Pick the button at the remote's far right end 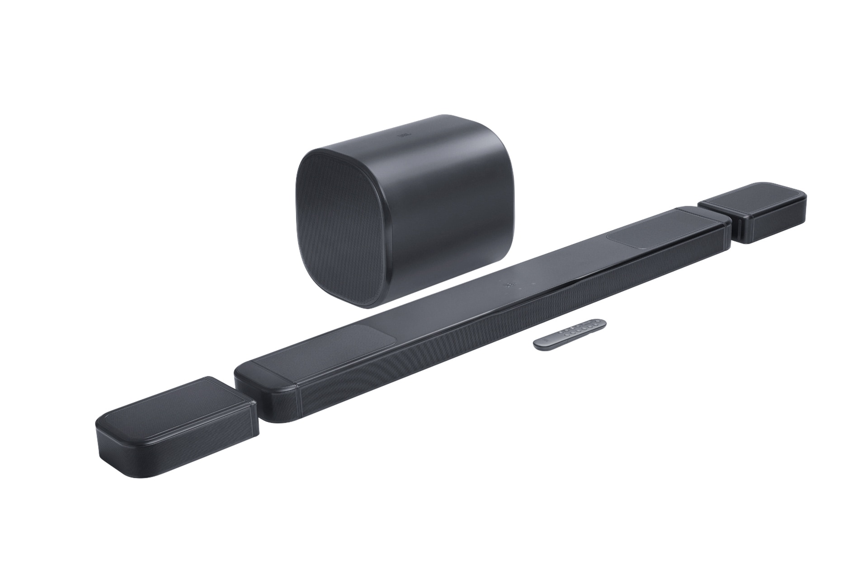[x=600, y=322]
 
